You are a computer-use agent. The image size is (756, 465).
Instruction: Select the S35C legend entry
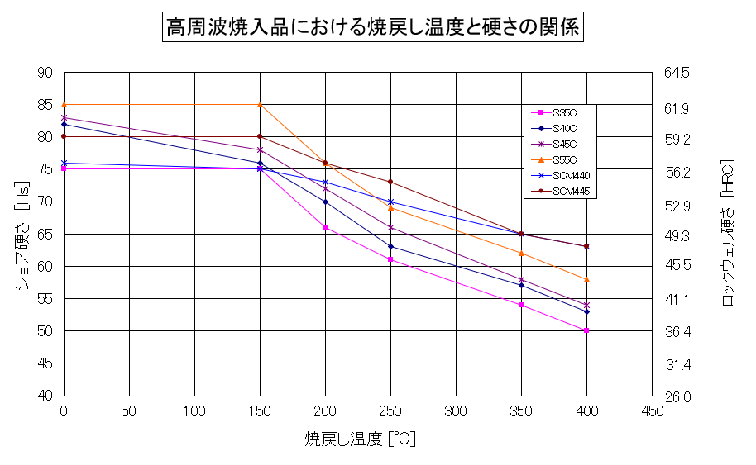coord(564,112)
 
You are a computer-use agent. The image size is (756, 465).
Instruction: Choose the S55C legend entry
coord(564,159)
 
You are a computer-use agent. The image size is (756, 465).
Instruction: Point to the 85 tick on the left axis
coord(45,105)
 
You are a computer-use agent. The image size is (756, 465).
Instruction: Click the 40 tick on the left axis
coord(45,396)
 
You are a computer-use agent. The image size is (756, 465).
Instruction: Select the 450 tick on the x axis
coord(652,410)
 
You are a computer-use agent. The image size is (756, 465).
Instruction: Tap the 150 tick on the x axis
coord(260,410)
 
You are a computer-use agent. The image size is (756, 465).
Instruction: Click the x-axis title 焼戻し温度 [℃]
coord(359,439)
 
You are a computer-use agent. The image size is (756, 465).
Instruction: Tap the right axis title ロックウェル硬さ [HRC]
coord(729,234)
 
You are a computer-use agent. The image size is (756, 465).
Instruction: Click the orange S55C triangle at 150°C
coord(260,105)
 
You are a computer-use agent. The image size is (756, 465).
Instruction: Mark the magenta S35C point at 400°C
coord(586,330)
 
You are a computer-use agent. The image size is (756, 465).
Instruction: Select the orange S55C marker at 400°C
coord(586,279)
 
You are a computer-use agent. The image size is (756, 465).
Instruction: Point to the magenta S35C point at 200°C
coord(325,227)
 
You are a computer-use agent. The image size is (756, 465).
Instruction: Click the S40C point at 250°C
coord(390,246)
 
